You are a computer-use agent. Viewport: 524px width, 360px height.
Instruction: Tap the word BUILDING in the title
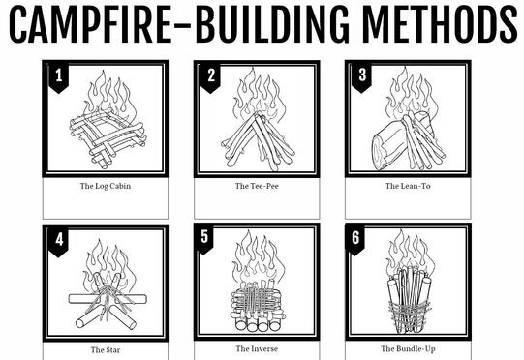272,25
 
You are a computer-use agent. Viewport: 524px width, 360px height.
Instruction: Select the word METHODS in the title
439,25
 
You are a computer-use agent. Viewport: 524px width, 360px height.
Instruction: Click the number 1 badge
59,77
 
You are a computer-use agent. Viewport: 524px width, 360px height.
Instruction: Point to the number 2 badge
210,77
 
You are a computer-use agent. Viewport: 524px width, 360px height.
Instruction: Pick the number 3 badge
362,77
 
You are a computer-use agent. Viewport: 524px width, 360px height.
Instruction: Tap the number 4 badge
59,243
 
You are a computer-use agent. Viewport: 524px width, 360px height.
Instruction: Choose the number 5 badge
203,239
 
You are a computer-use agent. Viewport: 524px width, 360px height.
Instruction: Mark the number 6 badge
355,240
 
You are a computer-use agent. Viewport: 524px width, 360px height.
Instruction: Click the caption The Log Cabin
106,186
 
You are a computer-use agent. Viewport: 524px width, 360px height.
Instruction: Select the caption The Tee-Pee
257,186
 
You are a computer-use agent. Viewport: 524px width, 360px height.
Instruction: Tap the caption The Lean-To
408,186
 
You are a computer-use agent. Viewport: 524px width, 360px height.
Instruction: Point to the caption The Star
106,350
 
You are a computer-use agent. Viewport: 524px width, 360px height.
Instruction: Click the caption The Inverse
257,349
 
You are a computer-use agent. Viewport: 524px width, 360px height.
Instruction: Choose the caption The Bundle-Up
408,349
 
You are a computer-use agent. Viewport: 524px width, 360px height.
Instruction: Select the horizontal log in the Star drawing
108,299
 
